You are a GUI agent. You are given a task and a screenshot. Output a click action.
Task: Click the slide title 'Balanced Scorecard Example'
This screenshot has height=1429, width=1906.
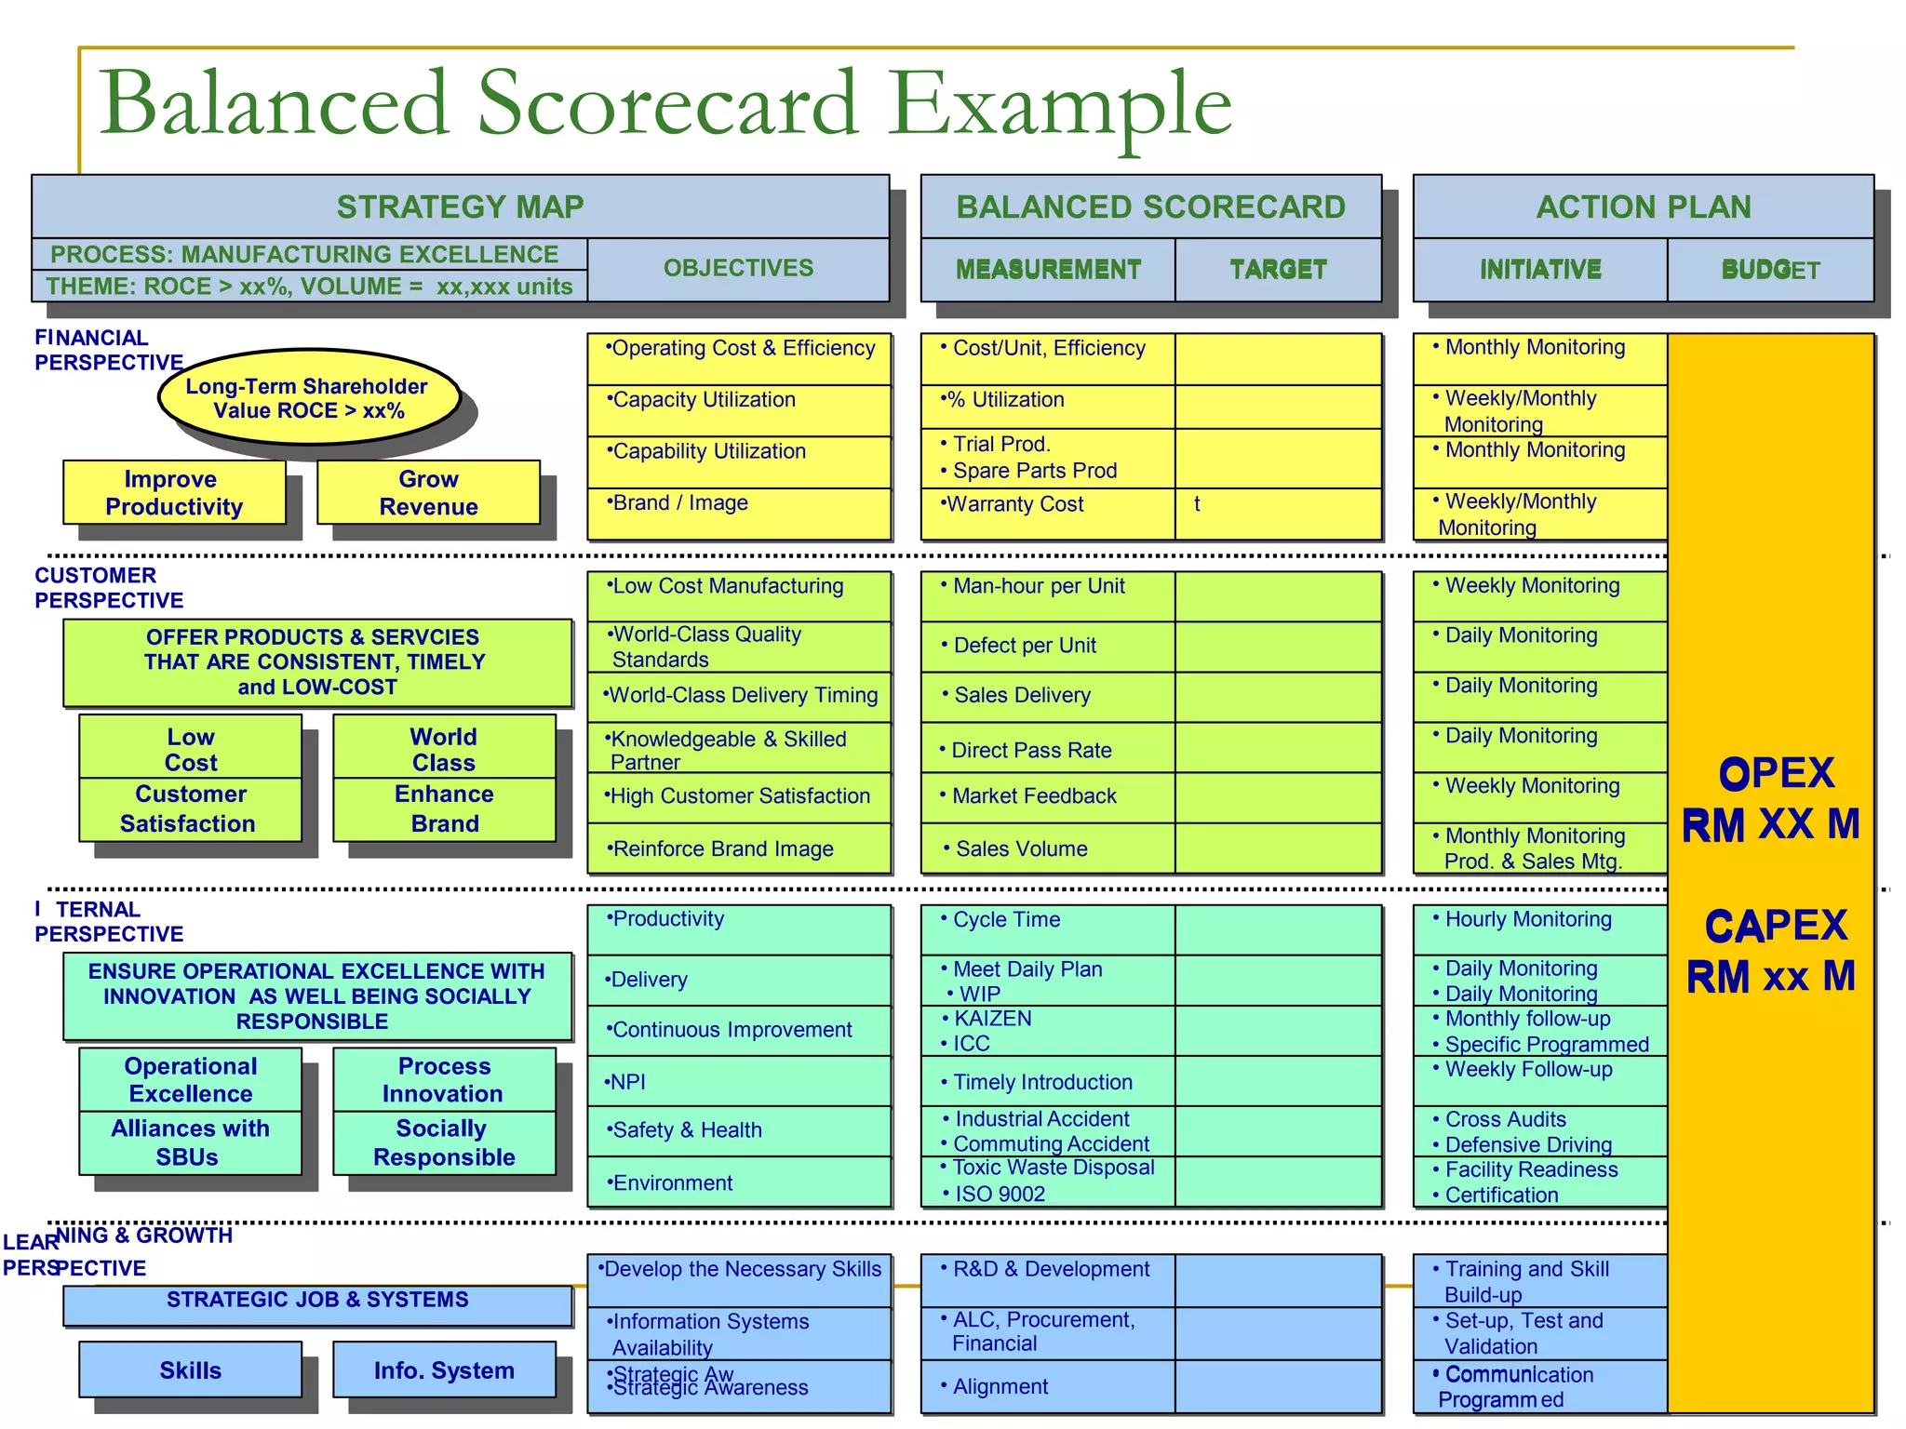(664, 104)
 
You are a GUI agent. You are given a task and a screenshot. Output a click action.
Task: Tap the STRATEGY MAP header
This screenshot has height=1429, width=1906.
(460, 207)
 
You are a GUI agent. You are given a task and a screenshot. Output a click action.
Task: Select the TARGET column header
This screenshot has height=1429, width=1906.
(1278, 270)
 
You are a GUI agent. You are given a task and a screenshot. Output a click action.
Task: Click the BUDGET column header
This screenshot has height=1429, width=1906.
(1769, 270)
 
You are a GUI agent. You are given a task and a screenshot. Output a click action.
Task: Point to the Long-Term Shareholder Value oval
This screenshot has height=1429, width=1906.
(308, 398)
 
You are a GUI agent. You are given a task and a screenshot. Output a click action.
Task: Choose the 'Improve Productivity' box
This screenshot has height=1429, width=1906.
(174, 492)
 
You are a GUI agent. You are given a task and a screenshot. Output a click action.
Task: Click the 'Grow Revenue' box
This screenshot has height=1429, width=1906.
(428, 492)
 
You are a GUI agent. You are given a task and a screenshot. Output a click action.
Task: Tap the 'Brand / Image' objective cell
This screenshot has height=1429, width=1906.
(738, 513)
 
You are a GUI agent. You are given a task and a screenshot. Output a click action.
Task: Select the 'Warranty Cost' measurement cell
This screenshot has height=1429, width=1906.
(1047, 513)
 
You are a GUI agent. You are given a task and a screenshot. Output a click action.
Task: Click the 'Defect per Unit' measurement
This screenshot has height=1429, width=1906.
(1047, 646)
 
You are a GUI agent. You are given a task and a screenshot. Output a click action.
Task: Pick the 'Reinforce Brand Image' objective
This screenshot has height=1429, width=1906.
(738, 848)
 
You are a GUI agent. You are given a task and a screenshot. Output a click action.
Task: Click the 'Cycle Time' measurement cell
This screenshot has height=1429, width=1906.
(1047, 928)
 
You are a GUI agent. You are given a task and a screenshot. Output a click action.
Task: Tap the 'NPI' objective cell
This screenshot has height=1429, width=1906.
(738, 1081)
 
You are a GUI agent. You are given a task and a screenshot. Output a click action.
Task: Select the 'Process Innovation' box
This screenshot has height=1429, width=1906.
(444, 1079)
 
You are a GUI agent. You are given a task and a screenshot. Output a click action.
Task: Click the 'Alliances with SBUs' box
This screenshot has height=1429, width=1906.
(190, 1142)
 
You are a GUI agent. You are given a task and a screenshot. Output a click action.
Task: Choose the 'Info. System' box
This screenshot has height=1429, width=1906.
(444, 1369)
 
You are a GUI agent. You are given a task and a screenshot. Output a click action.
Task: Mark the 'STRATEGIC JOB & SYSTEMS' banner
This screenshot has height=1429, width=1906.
(317, 1304)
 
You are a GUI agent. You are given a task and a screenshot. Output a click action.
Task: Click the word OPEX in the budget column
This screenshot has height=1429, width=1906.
(1776, 773)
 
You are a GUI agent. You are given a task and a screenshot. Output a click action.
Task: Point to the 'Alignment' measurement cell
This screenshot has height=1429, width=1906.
(1047, 1386)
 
